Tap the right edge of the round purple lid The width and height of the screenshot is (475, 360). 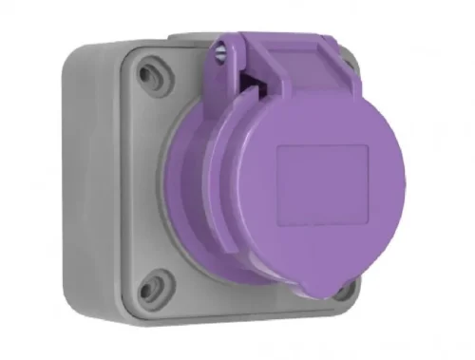[403, 190]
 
